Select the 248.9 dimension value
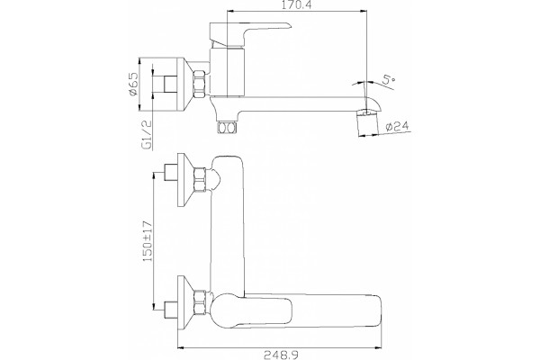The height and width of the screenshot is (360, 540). point(281,355)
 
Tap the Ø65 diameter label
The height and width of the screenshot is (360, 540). point(133,84)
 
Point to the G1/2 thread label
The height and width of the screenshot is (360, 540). point(147,135)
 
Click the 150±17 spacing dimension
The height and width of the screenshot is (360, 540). point(147,241)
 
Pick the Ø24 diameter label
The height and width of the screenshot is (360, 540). point(397,126)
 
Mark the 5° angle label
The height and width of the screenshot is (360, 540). point(390,81)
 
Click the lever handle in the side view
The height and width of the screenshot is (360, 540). point(249,35)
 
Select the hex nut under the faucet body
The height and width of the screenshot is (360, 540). point(227,128)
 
